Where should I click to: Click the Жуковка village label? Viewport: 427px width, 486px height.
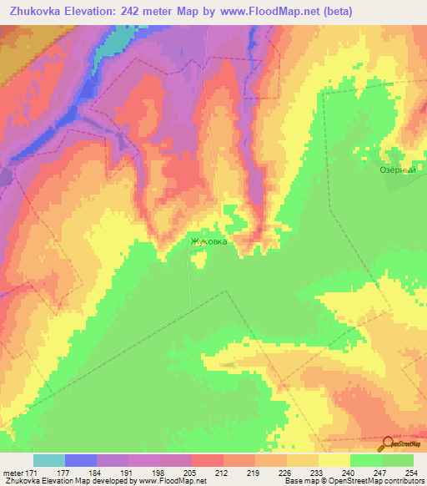tap(208, 241)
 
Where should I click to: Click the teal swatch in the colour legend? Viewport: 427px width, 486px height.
tap(49, 460)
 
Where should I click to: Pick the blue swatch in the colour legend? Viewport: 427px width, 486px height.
tap(81, 460)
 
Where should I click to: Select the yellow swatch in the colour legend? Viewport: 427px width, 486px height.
tap(334, 460)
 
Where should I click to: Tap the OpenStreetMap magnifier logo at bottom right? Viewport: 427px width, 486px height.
tap(387, 444)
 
